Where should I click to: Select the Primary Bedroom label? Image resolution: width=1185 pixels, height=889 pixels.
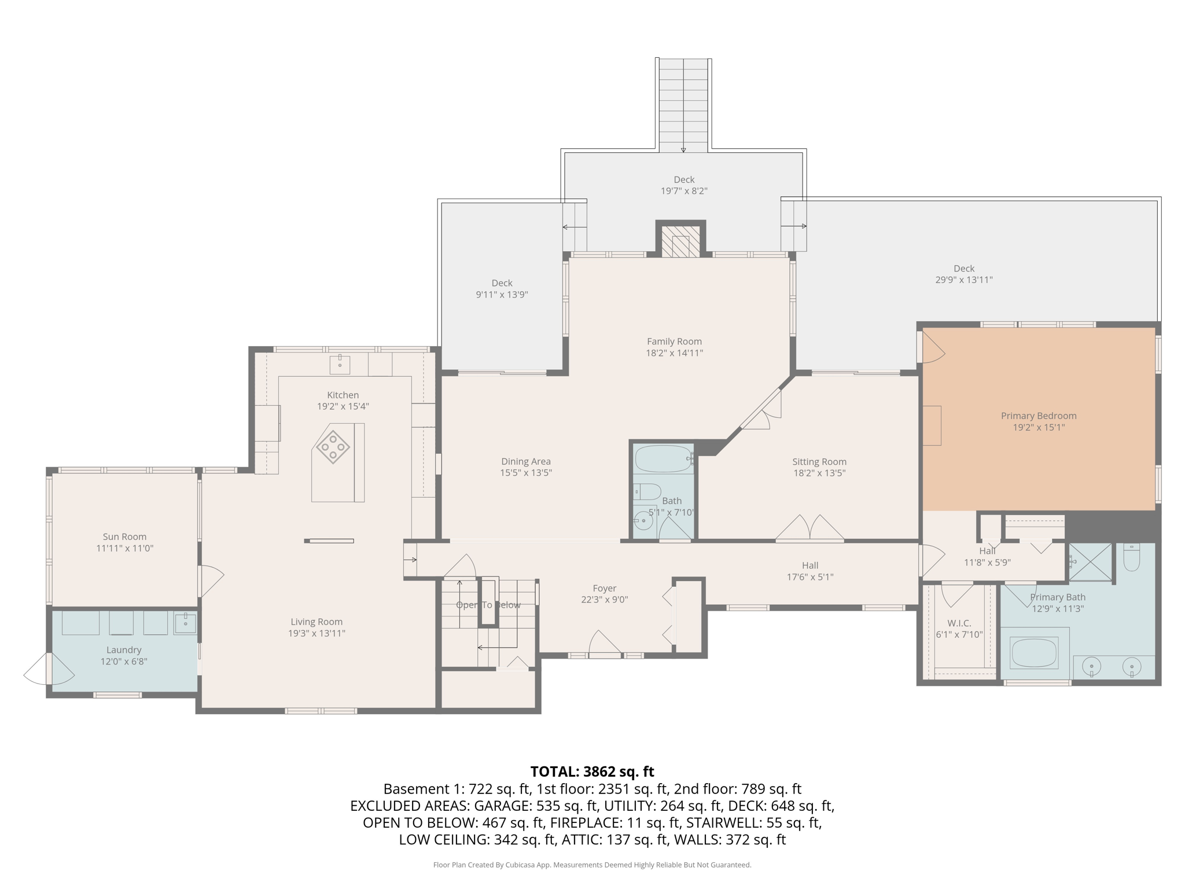click(x=1039, y=416)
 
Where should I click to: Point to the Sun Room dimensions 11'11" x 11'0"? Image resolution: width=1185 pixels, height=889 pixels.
click(x=124, y=548)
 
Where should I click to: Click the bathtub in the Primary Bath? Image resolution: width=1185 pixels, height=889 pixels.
click(x=1034, y=652)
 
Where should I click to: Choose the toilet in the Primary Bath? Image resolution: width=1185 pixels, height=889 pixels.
click(x=1131, y=557)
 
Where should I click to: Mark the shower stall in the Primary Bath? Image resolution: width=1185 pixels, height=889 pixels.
click(x=1090, y=561)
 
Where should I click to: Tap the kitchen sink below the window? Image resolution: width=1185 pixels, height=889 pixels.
click(x=340, y=365)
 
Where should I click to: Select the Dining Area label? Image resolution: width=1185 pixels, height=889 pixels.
click(x=526, y=461)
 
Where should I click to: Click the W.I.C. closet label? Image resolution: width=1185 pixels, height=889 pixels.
click(x=959, y=623)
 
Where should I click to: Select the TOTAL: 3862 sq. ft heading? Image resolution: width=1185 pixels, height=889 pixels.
click(x=592, y=772)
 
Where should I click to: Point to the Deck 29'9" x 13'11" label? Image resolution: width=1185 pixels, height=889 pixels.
click(x=964, y=274)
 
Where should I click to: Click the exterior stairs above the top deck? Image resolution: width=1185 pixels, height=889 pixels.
click(x=683, y=105)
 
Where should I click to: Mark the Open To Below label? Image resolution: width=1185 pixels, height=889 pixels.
click(x=488, y=605)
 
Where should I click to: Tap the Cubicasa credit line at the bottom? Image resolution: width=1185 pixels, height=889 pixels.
click(x=592, y=865)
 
